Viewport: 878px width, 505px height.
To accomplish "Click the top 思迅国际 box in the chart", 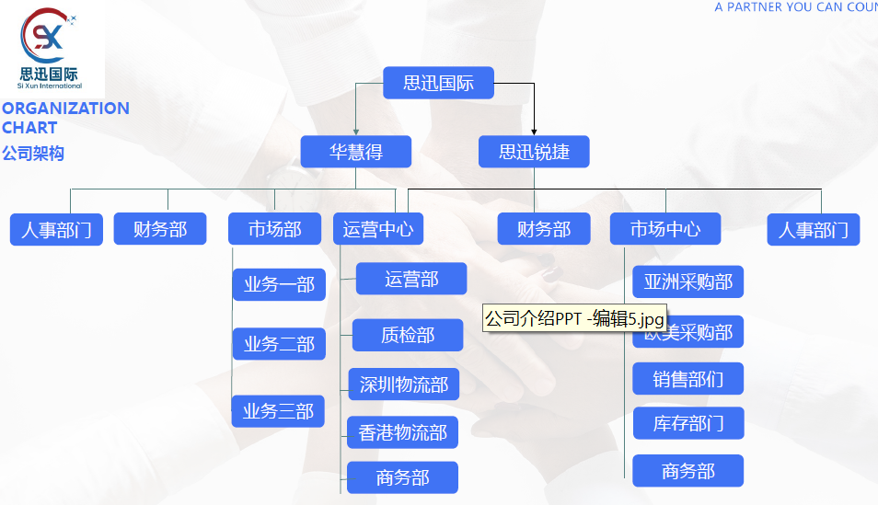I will (x=438, y=83).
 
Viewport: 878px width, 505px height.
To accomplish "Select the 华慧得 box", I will (x=355, y=152).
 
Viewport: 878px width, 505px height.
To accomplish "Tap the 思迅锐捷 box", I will (x=534, y=152).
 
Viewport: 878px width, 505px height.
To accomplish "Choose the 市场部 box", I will (x=274, y=229).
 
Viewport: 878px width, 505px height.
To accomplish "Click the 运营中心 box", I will (x=377, y=229).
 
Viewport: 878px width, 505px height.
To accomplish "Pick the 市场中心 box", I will (x=664, y=229).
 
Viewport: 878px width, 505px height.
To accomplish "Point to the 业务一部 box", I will (x=279, y=285).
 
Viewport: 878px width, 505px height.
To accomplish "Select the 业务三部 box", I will (x=278, y=411).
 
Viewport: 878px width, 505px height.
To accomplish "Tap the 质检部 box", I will (x=408, y=335).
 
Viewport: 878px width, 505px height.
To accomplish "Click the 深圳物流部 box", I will (x=403, y=384).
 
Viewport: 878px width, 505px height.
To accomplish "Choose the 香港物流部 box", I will (x=402, y=432).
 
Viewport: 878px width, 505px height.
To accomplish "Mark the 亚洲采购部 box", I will (x=687, y=282).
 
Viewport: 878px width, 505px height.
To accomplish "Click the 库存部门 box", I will (x=687, y=423).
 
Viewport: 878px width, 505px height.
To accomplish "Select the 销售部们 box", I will (x=687, y=379).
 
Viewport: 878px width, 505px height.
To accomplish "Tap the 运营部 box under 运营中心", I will (x=411, y=279).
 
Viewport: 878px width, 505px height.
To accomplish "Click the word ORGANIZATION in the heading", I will (x=65, y=109).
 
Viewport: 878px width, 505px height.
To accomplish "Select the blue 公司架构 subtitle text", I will (x=33, y=154).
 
